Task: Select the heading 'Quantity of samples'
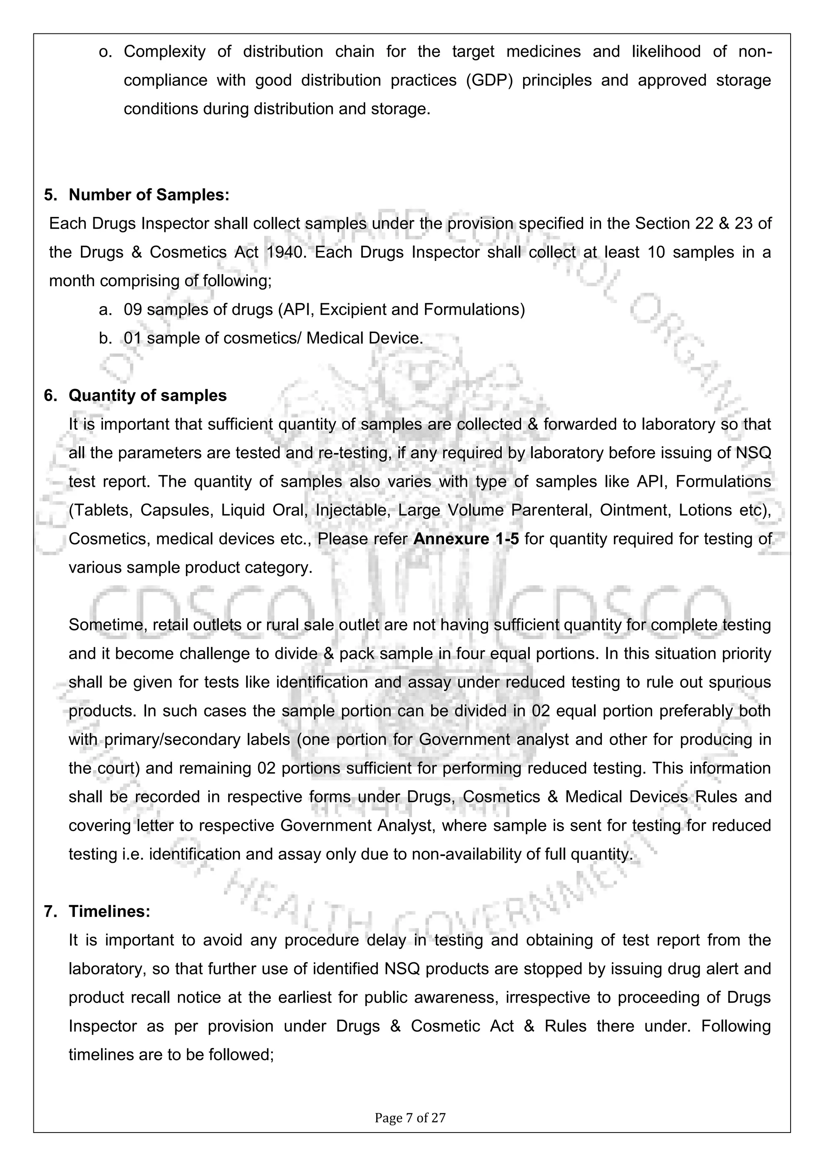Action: (x=148, y=396)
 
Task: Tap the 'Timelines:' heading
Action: (x=109, y=912)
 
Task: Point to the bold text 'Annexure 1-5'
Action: (x=466, y=539)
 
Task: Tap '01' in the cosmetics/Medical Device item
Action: (x=133, y=338)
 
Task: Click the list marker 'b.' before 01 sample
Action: (x=105, y=338)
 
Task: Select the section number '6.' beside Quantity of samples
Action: (x=51, y=396)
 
